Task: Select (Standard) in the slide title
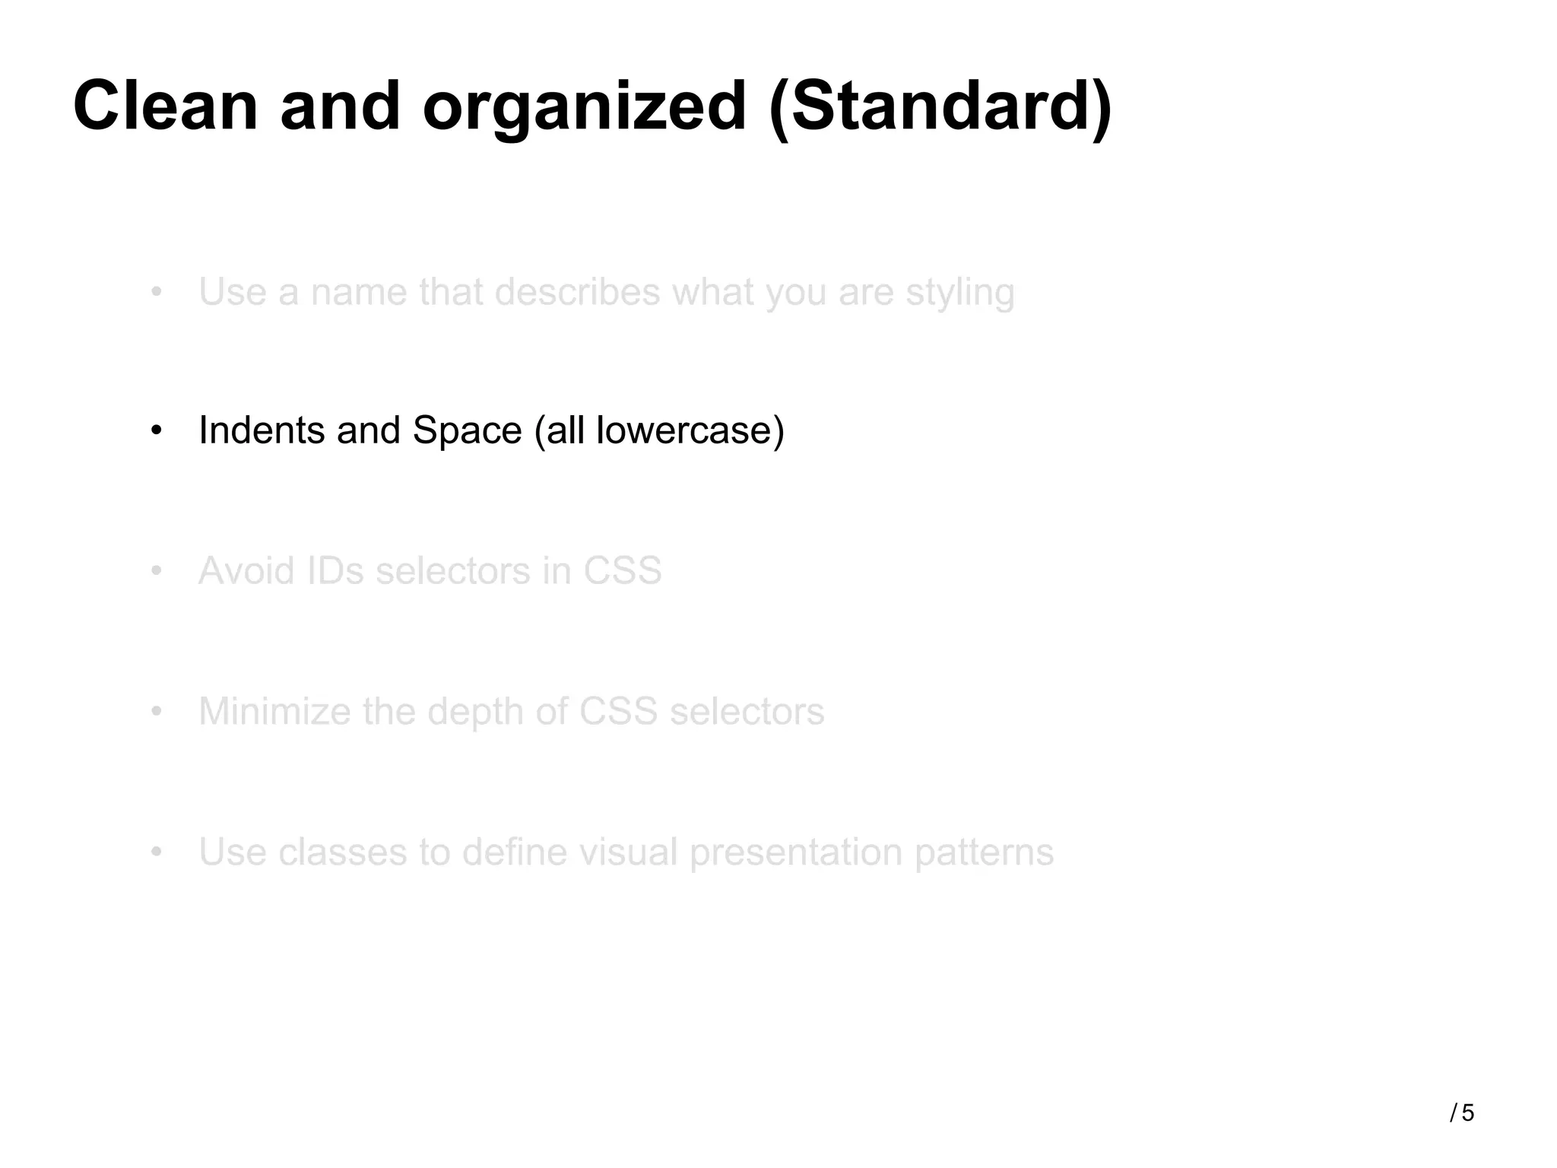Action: click(x=940, y=108)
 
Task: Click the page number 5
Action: click(x=1467, y=1113)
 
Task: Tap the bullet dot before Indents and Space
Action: click(x=157, y=431)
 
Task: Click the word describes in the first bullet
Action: click(x=577, y=292)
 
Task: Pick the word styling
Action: click(x=959, y=294)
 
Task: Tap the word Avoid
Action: click(x=246, y=571)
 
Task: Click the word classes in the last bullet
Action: click(x=342, y=852)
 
